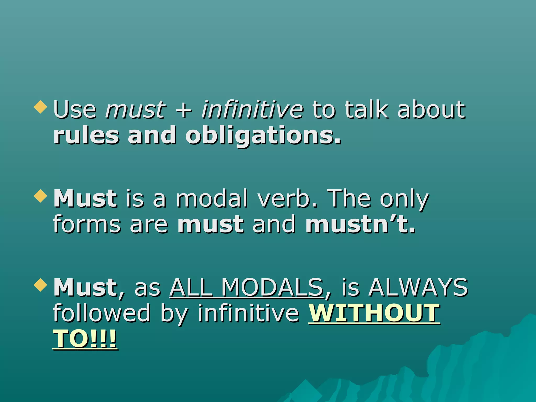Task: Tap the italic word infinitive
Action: [x=252, y=109]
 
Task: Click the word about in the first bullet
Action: [x=431, y=109]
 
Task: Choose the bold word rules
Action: [x=86, y=135]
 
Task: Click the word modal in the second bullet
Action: [x=212, y=198]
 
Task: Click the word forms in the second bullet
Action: [x=87, y=224]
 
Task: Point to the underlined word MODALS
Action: [x=272, y=287]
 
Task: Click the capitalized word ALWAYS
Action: [x=418, y=287]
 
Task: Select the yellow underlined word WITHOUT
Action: [x=374, y=313]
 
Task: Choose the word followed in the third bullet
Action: [x=102, y=313]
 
